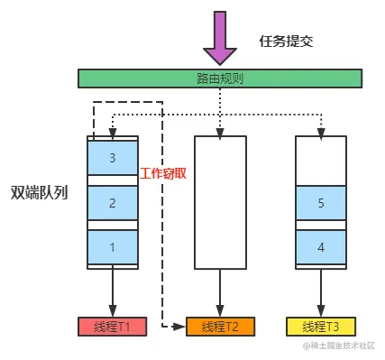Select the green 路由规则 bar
(x=220, y=78)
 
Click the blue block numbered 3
(x=113, y=158)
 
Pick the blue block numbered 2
(x=113, y=203)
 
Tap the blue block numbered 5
(x=322, y=203)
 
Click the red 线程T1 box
(x=113, y=325)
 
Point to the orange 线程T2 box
(x=220, y=325)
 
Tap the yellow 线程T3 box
(x=322, y=325)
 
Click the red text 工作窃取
(x=164, y=172)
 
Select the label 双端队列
(x=38, y=192)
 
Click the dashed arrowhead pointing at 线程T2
(x=180, y=325)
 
